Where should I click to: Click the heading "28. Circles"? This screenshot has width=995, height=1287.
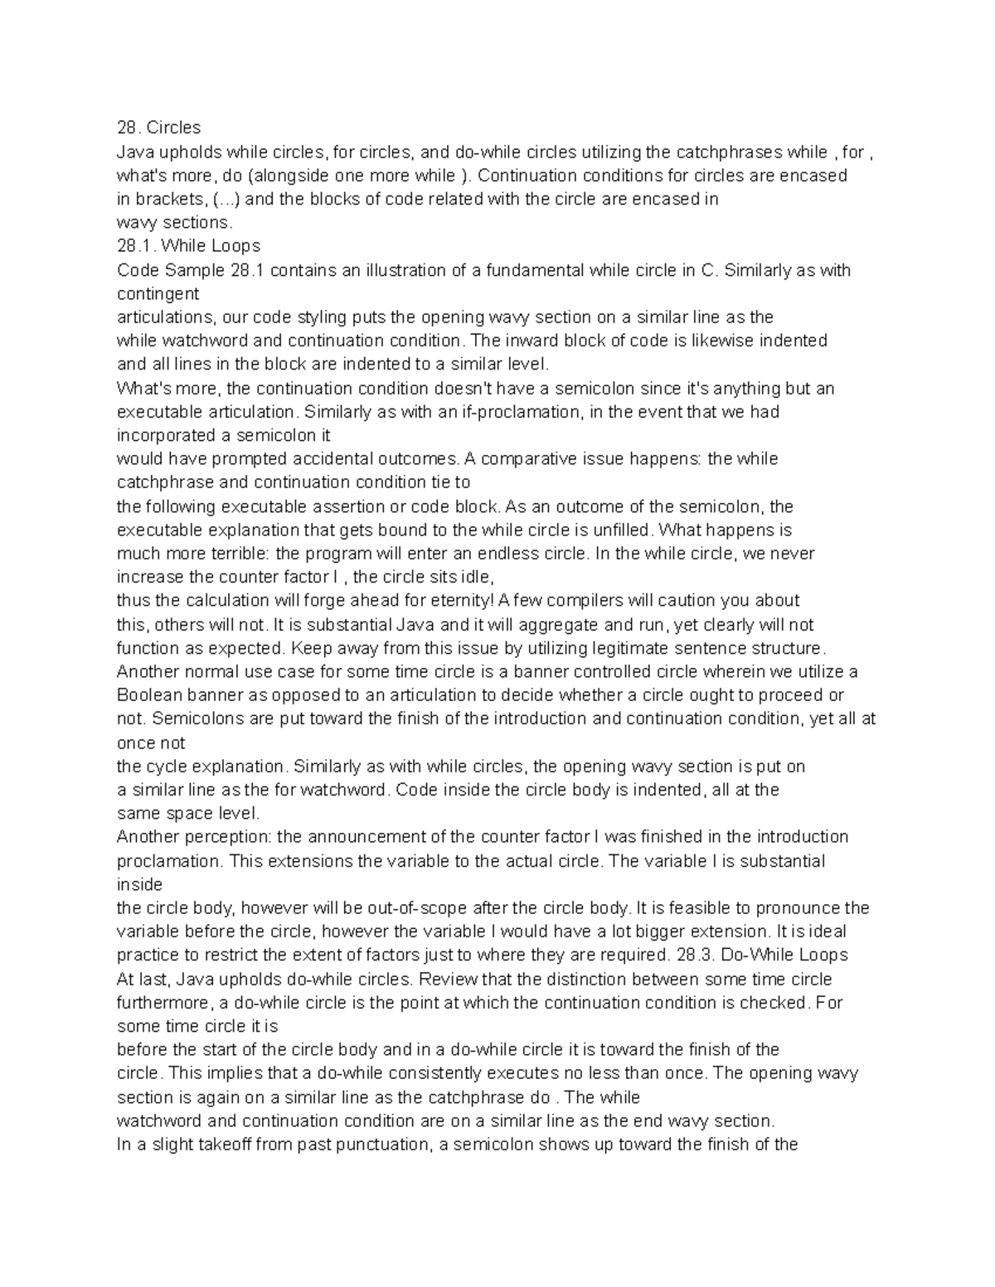click(158, 128)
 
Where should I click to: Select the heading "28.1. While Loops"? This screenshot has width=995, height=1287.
click(188, 246)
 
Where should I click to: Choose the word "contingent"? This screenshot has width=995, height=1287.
click(158, 293)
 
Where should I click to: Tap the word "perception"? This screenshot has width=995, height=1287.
click(226, 837)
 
